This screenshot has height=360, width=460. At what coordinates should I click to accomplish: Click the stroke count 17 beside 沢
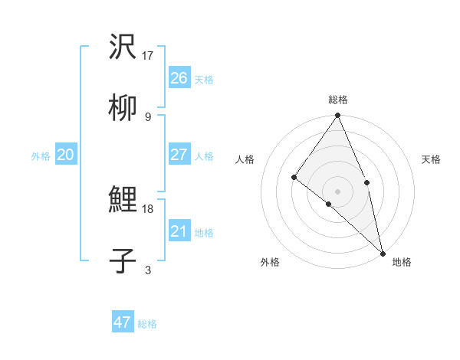149,55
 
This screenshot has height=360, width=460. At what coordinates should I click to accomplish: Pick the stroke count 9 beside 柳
147,116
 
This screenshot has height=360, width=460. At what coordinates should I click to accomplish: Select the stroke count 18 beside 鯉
149,208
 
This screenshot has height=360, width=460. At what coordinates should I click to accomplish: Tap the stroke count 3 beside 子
147,270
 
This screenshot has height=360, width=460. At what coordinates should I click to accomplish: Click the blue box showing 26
179,78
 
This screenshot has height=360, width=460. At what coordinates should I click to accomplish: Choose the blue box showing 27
179,155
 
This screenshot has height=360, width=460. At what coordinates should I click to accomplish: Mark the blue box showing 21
179,231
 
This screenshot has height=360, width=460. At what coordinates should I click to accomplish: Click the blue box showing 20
66,155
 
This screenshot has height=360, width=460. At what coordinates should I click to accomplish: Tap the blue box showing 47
123,322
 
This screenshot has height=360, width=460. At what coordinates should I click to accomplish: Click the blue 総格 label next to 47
147,324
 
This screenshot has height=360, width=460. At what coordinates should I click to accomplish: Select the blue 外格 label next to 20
41,156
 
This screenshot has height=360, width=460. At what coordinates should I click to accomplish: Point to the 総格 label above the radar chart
338,100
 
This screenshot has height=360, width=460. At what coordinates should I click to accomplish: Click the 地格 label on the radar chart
402,263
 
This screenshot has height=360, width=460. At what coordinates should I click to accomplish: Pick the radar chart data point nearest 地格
382,252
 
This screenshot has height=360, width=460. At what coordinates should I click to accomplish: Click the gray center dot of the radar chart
338,191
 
